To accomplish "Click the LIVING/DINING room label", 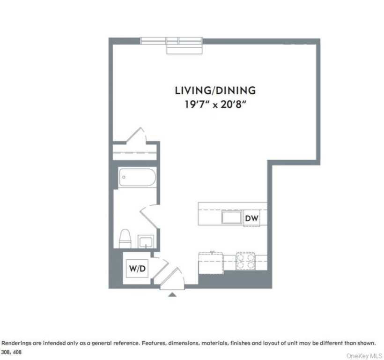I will pyautogui.click(x=215, y=90).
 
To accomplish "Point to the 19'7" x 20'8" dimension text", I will pyautogui.click(x=215, y=104).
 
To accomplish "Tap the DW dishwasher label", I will pyautogui.click(x=251, y=218).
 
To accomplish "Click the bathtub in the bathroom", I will pyautogui.click(x=136, y=178).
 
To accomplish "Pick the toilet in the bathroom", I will pyautogui.click(x=125, y=238).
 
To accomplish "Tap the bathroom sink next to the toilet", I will pyautogui.click(x=146, y=241).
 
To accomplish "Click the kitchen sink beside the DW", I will pyautogui.click(x=232, y=218).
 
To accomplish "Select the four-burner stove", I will pyautogui.click(x=245, y=261).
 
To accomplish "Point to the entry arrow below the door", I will pyautogui.click(x=172, y=294).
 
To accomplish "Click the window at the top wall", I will pyautogui.click(x=172, y=41).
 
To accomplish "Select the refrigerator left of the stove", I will pyautogui.click(x=210, y=262).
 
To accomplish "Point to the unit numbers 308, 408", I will pyautogui.click(x=12, y=352).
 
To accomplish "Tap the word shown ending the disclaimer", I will pyautogui.click(x=366, y=343).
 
